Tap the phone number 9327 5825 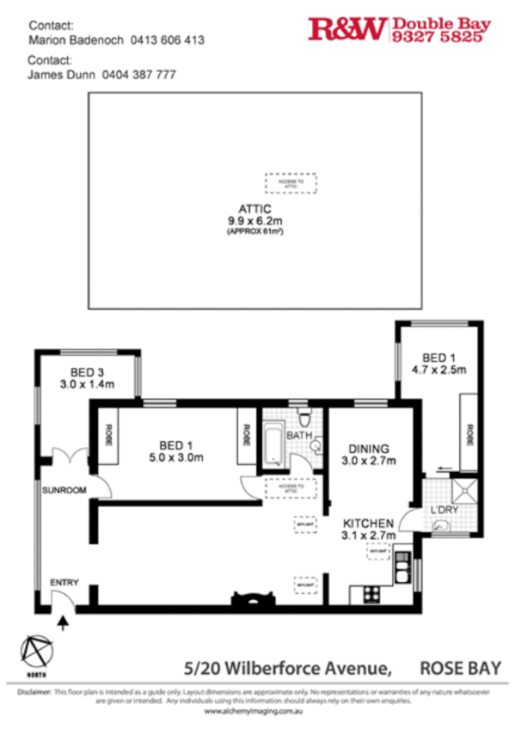click(442, 38)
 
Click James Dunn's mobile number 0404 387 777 click(138, 75)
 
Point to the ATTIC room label click(255, 209)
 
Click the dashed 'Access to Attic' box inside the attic click(290, 183)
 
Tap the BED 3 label click(92, 372)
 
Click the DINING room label click(369, 449)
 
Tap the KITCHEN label click(369, 524)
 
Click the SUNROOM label click(65, 490)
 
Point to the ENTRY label click(64, 582)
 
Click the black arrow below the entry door click(63, 623)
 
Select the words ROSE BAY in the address click(460, 665)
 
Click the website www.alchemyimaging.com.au click(256, 712)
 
